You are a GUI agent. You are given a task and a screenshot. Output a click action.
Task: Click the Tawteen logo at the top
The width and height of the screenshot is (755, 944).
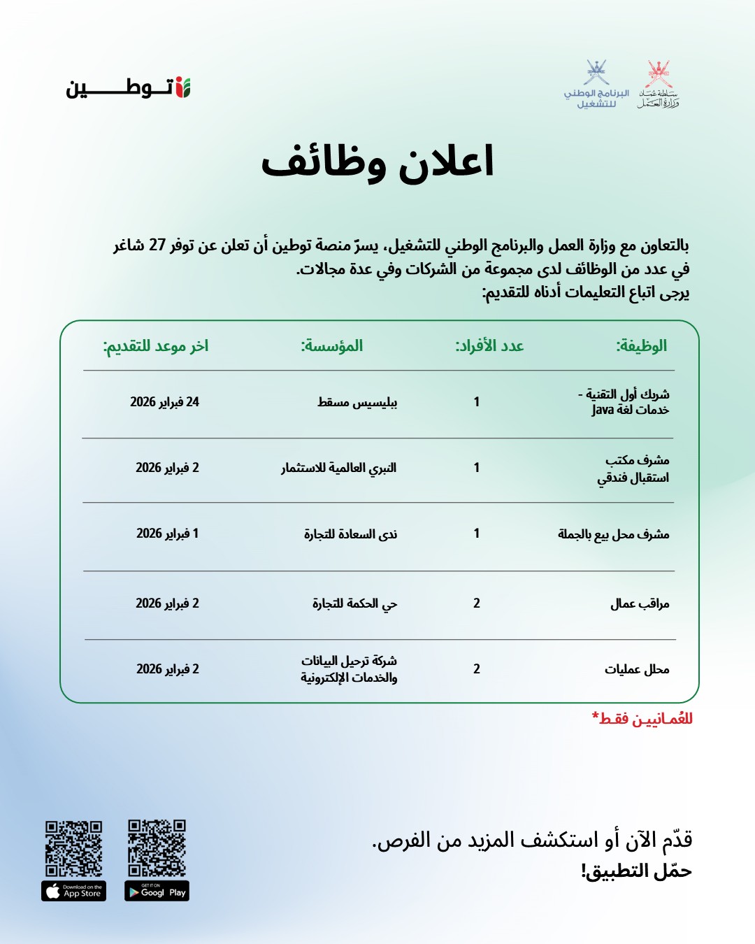129,88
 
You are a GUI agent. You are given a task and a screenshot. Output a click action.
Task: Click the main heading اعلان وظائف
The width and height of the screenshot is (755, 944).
377,162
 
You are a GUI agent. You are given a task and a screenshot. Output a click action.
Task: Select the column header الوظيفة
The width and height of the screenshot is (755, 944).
641,345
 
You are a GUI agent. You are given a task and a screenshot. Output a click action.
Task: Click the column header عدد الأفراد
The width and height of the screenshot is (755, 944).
489,345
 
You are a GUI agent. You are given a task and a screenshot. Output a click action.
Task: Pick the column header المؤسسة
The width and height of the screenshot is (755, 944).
332,345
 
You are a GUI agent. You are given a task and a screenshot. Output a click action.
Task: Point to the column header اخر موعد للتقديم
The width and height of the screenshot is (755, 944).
156,345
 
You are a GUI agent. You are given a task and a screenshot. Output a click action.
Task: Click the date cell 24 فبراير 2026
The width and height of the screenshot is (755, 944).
165,402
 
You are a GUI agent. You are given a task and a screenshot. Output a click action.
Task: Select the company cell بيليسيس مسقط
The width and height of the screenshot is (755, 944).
357,402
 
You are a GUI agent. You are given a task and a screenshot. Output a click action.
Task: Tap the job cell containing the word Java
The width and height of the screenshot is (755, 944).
625,403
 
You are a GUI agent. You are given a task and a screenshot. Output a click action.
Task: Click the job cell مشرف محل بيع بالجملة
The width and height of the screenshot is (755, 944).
613,534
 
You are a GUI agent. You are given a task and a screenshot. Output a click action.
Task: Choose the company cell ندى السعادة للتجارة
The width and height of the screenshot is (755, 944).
350,534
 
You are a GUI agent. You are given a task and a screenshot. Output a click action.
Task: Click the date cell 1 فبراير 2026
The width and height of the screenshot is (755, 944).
168,534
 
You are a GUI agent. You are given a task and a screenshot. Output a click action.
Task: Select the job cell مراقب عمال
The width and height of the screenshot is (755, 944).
640,603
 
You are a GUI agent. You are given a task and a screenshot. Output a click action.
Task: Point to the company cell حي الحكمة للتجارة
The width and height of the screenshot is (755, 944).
354,603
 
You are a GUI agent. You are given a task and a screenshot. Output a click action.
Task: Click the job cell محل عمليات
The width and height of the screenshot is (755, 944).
637,669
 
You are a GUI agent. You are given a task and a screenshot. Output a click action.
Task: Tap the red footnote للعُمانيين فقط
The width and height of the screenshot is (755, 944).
642,719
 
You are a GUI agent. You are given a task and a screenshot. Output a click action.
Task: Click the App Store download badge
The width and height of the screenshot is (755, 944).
74,891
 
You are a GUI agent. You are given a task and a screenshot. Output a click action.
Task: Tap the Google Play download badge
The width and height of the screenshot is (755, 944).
157,891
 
